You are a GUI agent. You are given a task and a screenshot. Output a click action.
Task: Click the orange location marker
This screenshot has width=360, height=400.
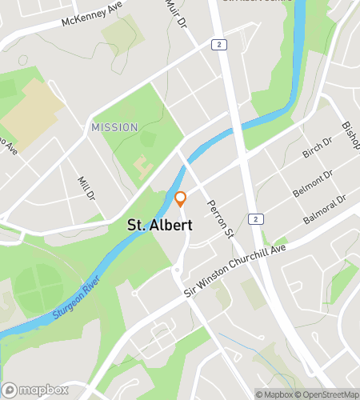coord(181,198)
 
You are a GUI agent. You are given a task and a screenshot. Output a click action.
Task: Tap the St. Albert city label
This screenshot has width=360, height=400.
coord(160,226)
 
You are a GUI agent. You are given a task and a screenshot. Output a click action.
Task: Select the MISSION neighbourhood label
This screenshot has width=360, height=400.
coord(114,127)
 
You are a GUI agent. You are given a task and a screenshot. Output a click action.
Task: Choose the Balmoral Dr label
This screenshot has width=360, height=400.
coord(324,210)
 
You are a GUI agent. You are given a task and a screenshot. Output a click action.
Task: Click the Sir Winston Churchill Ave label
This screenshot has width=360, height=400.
coord(234,270)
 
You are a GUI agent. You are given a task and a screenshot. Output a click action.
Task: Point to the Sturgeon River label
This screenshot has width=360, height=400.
coord(76,298)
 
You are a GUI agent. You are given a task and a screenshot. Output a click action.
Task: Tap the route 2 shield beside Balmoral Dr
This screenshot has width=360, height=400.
coord(254,218)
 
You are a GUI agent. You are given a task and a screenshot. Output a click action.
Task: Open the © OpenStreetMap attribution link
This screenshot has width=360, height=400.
coord(326,394)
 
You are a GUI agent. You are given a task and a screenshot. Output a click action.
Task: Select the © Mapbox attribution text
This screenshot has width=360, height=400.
coord(274,394)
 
